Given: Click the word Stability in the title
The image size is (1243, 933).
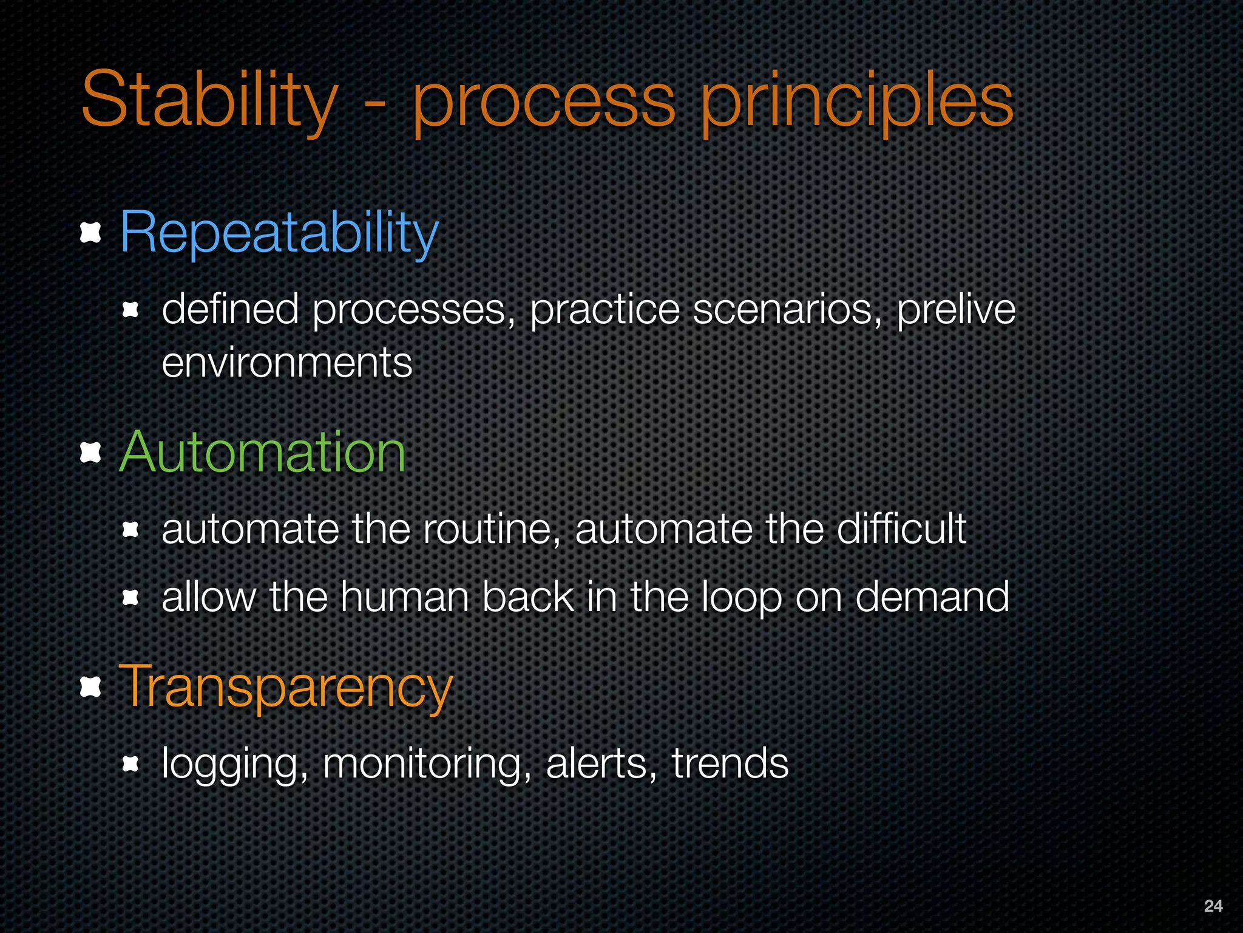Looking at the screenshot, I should point(209,100).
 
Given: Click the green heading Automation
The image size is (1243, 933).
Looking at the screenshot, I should point(262,453).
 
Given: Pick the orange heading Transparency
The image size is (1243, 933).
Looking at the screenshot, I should point(285,688).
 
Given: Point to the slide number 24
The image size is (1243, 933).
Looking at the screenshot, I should point(1213,906).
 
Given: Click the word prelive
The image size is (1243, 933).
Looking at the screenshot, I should point(956,310).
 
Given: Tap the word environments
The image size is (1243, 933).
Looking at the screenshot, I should point(286,363).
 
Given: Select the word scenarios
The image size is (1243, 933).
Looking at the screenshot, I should point(787,310).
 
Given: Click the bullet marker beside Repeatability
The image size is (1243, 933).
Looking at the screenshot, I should point(90,233).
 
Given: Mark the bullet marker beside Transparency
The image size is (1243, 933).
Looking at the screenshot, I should point(90,687).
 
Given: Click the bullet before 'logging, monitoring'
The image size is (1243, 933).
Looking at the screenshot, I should point(130,764).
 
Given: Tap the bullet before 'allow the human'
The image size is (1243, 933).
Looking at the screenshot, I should point(130,598).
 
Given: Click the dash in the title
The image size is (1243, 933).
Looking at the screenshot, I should point(374,104).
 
